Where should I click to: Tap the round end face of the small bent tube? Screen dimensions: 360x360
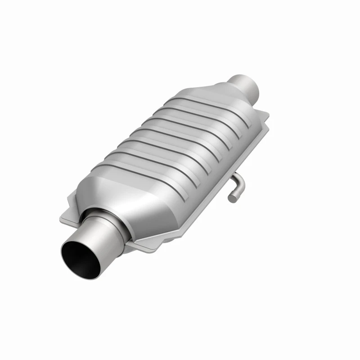click(x=232, y=197)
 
